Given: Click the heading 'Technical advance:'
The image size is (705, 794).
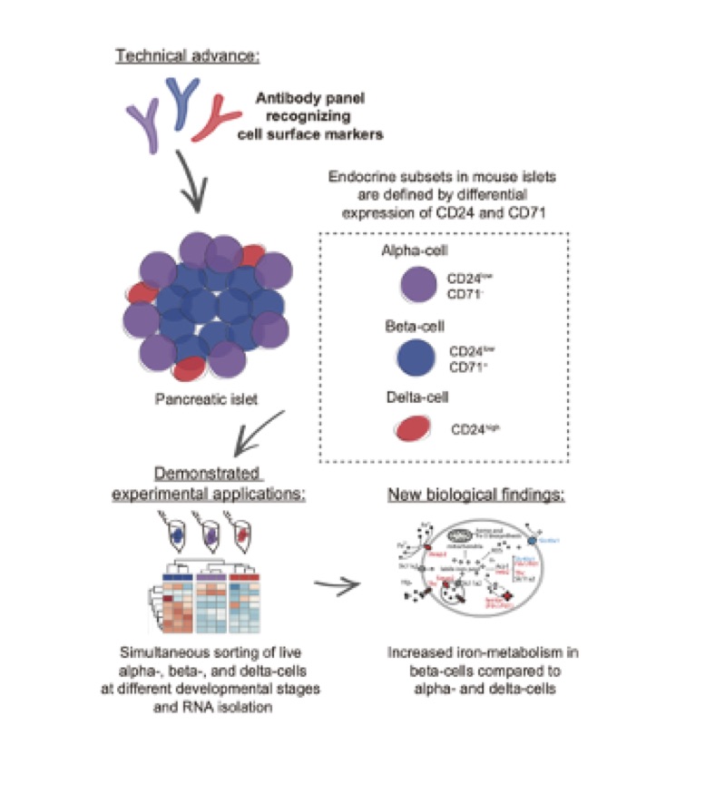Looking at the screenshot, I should pos(188,57).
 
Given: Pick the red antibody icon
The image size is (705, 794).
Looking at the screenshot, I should pos(219,120).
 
